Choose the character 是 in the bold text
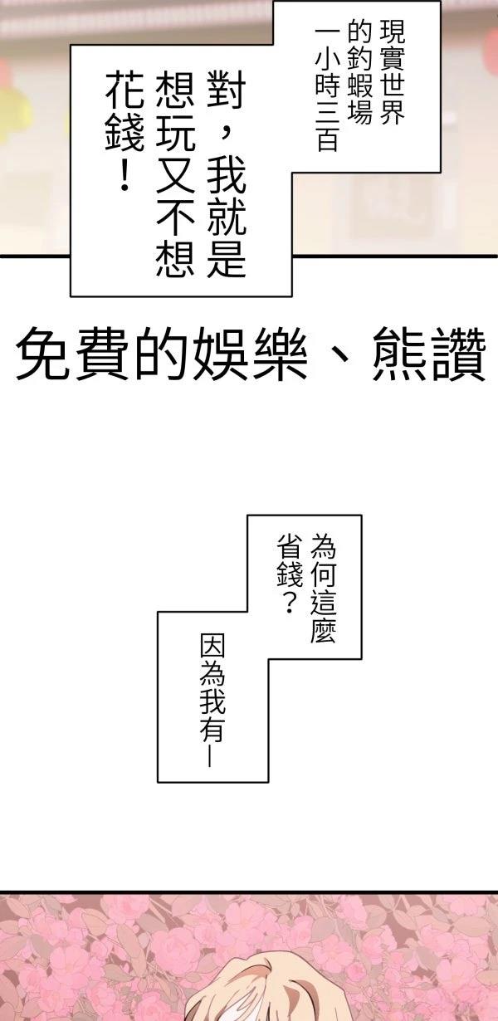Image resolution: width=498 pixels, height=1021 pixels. pos(227,257)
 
